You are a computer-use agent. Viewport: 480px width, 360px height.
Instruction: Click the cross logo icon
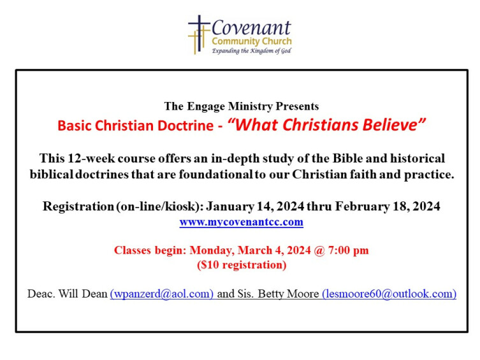pos(199,34)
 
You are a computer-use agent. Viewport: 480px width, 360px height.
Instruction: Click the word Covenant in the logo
pos(251,28)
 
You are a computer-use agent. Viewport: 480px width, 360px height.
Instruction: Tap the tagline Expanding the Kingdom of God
pos(251,51)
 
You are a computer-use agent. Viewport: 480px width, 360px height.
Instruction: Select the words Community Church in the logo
pos(251,41)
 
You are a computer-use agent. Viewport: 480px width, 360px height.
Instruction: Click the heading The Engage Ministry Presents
pos(241,106)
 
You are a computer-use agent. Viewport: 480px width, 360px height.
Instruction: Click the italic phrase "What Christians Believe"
pos(326,125)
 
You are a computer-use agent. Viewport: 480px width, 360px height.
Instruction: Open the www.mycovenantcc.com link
pos(241,222)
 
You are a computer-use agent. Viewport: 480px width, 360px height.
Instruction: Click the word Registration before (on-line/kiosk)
pos(78,206)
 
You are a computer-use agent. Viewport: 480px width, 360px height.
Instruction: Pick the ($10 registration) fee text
pos(241,264)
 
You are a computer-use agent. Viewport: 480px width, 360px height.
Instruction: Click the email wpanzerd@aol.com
pos(162,294)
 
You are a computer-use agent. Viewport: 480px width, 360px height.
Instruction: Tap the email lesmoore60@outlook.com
pos(389,294)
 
